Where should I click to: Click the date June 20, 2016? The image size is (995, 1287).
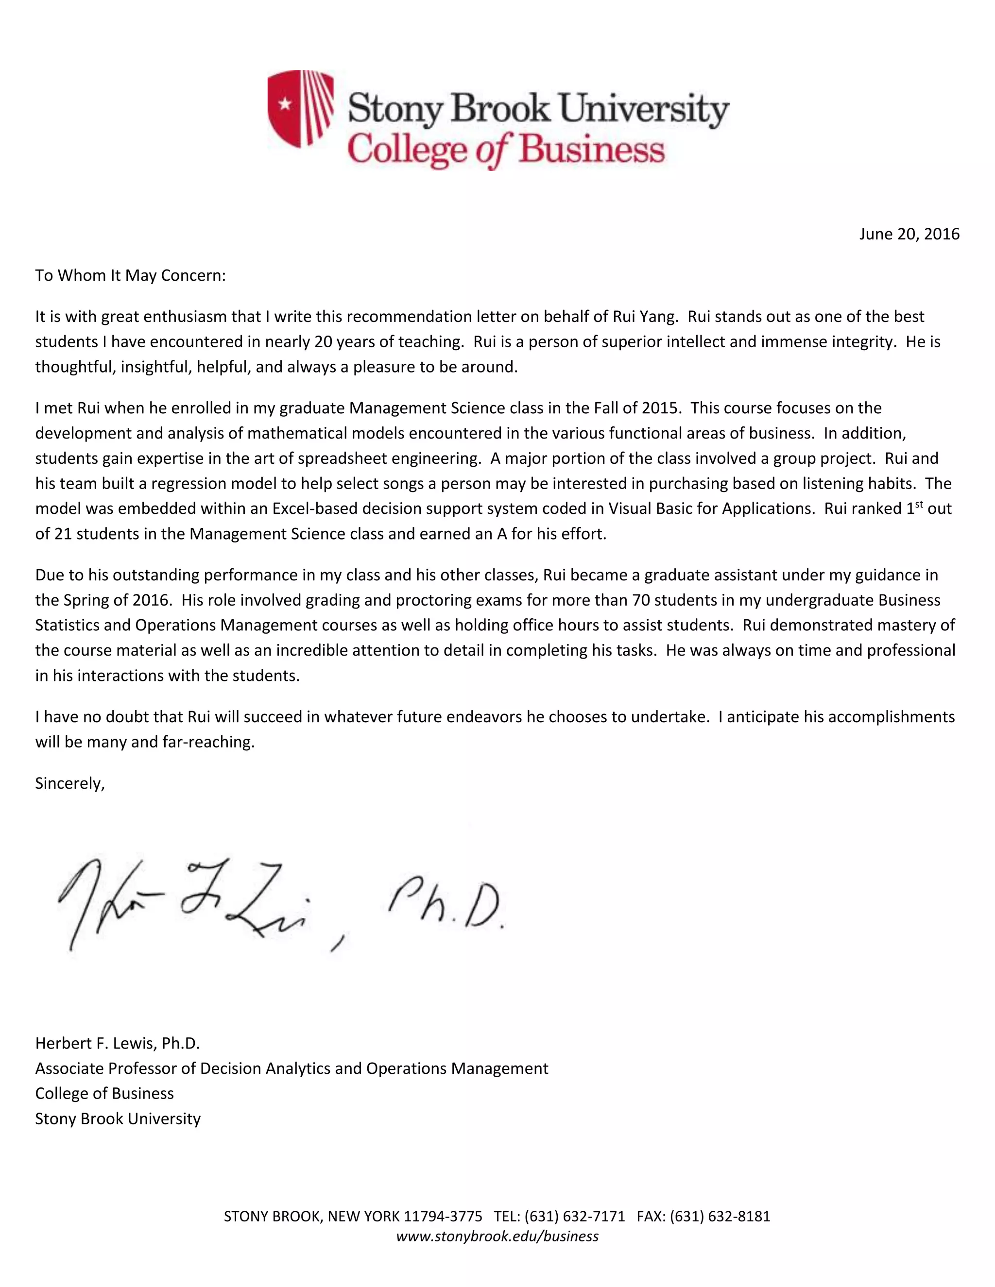[909, 234]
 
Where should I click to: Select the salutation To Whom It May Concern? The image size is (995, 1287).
[130, 275]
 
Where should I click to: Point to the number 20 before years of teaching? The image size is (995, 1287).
[324, 342]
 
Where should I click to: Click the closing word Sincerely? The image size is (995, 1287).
[69, 783]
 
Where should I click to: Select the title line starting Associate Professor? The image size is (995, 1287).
[291, 1068]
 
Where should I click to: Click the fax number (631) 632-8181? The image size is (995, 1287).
[719, 1216]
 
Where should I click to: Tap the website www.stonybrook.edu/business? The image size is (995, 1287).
[497, 1236]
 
